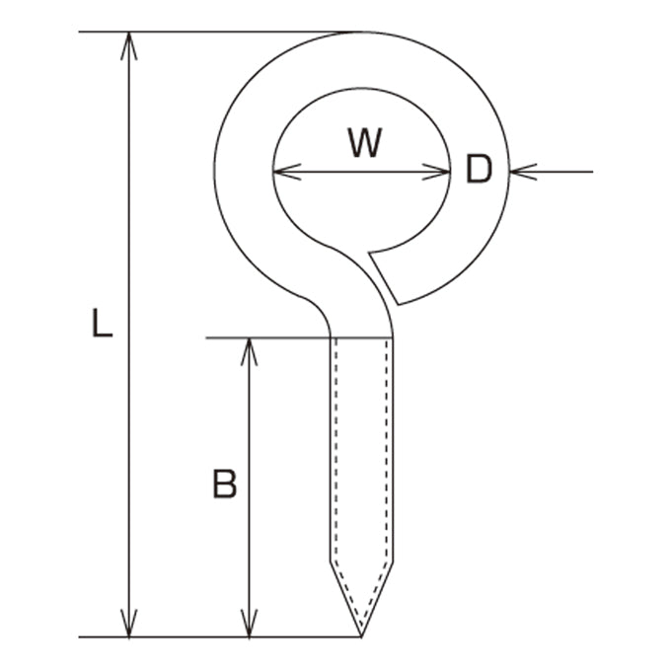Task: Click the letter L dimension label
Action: pos(103,324)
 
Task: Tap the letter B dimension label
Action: pos(225,484)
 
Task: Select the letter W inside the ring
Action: pos(364,143)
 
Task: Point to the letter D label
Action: pos(479,170)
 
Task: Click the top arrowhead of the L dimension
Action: pos(129,45)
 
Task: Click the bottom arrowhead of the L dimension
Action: pos(129,623)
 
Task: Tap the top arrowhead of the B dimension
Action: pos(249,352)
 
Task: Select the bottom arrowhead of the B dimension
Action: pos(249,623)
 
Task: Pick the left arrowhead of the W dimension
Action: pos(287,172)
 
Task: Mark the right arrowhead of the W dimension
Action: pos(436,172)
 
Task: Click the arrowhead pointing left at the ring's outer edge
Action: pos(523,172)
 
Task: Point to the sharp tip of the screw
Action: pos(361,636)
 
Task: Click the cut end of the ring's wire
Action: pos(384,278)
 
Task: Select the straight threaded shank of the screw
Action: pos(361,449)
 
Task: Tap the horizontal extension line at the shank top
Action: pos(300,338)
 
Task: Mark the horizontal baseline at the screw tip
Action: pos(220,637)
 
